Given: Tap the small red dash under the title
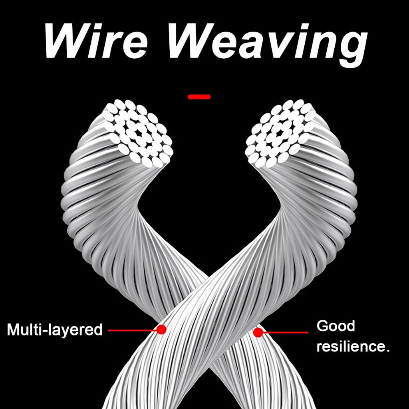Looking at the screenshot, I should click(199, 96).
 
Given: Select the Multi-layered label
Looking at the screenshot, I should click(55, 330).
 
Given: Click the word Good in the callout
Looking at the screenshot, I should click(336, 326).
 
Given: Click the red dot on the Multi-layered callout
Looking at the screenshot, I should click(161, 330).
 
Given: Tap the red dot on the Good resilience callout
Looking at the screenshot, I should click(258, 332).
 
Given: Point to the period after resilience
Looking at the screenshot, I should click(387, 351).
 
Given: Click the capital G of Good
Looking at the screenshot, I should click(323, 326).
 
